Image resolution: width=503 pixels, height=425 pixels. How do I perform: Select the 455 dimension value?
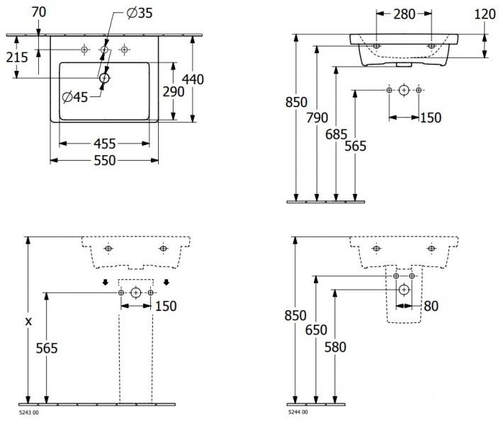(x=105, y=144)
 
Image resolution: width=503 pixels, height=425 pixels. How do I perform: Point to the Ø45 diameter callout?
(x=74, y=97)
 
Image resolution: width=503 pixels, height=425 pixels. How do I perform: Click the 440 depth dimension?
(x=193, y=79)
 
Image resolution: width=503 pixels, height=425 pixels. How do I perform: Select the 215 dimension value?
(x=16, y=57)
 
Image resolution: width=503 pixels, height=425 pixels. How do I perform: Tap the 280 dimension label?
(x=405, y=13)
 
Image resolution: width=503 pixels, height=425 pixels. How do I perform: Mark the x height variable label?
(x=29, y=321)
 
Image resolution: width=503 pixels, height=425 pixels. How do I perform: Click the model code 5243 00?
(x=28, y=412)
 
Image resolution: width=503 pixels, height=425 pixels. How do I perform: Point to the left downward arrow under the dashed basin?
(x=106, y=283)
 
